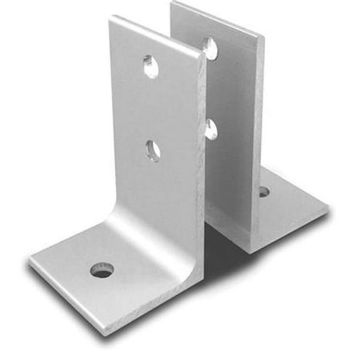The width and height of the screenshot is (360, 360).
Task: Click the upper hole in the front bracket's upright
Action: (x=151, y=66)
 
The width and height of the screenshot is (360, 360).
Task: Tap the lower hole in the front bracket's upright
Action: (x=153, y=150)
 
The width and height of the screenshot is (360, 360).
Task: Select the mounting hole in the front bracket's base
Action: (x=102, y=271)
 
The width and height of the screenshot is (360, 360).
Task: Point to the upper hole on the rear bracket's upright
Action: (x=210, y=48)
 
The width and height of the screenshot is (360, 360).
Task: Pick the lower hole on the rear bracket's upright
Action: (x=211, y=128)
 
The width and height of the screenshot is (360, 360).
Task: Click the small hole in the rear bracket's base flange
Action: (x=264, y=192)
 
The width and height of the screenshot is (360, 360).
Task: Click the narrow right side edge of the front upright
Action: (x=202, y=176)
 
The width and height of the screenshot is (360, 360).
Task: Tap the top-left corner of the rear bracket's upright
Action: (x=172, y=4)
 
